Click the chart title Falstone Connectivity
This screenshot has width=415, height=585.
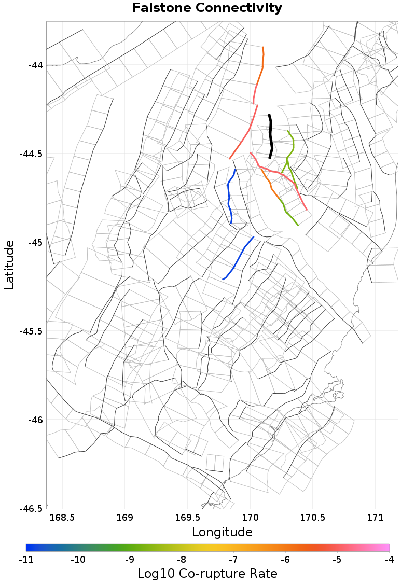[208, 8]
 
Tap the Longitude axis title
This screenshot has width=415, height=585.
[222, 532]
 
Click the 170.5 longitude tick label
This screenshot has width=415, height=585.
[313, 518]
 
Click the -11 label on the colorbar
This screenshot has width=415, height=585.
[26, 560]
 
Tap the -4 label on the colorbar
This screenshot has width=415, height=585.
[389, 560]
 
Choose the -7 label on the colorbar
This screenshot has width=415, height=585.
[233, 560]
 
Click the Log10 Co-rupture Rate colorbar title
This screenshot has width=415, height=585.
[208, 574]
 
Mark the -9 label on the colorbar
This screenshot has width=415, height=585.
[130, 560]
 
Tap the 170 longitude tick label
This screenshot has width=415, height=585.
[251, 518]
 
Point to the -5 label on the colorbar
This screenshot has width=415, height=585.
[337, 560]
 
